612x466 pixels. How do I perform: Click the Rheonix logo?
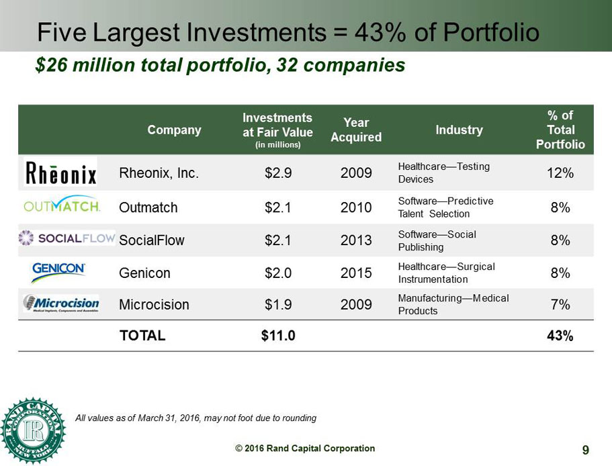click(60, 172)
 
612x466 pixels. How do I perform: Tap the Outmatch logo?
click(62, 205)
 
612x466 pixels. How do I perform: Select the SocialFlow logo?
click(67, 238)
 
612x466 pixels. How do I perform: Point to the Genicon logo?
click(58, 271)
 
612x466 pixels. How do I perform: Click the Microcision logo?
click(61, 304)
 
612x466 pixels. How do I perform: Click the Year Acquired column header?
click(356, 130)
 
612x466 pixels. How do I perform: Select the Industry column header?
click(459, 130)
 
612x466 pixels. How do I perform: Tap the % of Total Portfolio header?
click(560, 130)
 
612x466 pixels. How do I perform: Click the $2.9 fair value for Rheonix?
click(278, 173)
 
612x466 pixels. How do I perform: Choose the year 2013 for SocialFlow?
click(356, 240)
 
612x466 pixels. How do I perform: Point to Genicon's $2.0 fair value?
click(278, 273)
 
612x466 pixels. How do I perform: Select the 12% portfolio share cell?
click(560, 173)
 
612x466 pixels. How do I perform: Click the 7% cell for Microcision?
click(560, 304)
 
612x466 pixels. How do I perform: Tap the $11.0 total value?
click(278, 336)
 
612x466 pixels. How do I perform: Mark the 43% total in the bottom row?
click(560, 336)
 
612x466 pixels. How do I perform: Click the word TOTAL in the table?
click(142, 336)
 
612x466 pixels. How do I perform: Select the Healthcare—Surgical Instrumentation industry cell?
click(446, 273)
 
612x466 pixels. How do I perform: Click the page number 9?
click(586, 450)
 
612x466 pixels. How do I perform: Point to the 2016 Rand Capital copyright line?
click(305, 449)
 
